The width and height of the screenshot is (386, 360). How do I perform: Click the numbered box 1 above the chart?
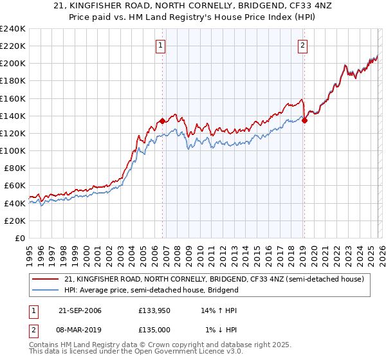click(160, 45)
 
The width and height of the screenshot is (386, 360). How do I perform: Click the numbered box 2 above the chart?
click(302, 45)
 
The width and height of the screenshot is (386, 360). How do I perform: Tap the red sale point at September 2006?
click(162, 120)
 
